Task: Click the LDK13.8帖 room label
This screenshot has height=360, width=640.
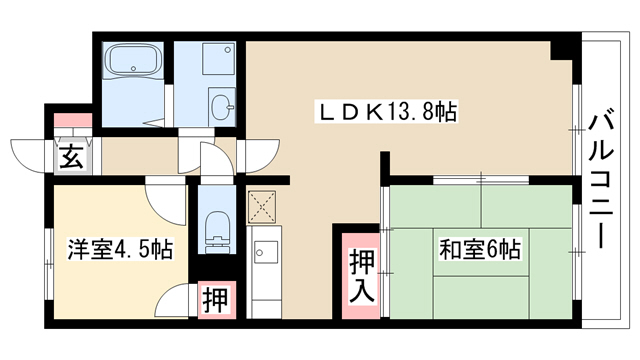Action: coord(387,111)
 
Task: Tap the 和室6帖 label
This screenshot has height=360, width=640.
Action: coord(480,249)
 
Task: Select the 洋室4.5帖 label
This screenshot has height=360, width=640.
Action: coord(120,249)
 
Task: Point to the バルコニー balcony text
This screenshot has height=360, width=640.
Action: coord(600,181)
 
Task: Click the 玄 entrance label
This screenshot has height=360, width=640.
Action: coord(72,157)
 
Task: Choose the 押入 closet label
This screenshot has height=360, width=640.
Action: coord(362,276)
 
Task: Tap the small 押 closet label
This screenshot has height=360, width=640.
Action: coord(215,300)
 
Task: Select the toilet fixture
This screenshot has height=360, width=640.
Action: coord(217,231)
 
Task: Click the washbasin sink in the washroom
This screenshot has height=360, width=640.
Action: coord(222,106)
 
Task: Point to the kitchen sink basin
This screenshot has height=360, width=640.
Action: coord(266,252)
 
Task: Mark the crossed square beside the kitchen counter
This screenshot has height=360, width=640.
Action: coord(262,207)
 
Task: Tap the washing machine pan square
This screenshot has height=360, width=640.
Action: coord(218,59)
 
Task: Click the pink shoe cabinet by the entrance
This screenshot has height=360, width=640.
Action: coord(73,120)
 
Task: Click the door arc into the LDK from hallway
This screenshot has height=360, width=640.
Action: coord(262,156)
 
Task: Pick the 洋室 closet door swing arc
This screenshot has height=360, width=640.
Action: coord(170,301)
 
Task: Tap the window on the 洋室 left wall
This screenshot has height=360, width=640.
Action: coord(49,264)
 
